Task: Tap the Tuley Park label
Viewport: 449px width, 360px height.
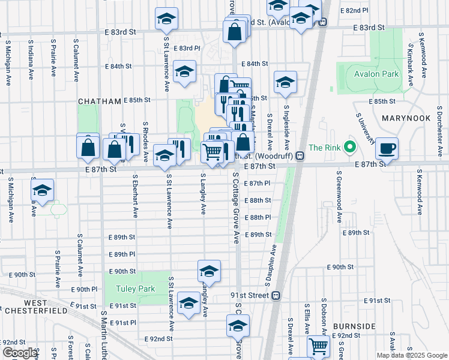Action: coord(136,289)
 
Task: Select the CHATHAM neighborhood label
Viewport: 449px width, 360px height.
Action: coord(100,102)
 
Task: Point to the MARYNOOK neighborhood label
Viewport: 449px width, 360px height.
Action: coord(406,118)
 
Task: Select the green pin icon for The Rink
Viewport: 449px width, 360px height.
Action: coord(353,147)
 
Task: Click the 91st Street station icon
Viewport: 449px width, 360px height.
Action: coord(276,295)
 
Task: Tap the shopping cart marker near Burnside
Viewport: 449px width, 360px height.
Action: coord(318,346)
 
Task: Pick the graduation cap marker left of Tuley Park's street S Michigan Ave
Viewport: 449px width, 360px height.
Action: coord(42,190)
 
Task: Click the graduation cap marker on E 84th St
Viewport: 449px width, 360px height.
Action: coord(184,73)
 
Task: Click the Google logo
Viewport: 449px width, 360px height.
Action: coord(20,353)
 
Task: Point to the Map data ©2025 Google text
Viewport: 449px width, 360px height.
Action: coord(412,355)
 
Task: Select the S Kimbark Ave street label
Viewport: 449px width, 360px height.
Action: coord(411,60)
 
